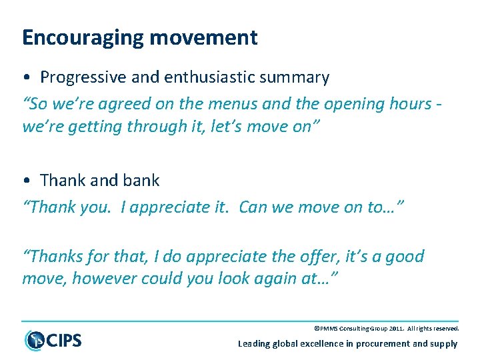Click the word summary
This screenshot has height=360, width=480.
[x=296, y=77]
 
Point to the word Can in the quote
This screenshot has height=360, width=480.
[x=253, y=207]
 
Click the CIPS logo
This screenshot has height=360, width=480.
[x=53, y=340]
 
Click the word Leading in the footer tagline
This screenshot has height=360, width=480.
[x=255, y=344]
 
